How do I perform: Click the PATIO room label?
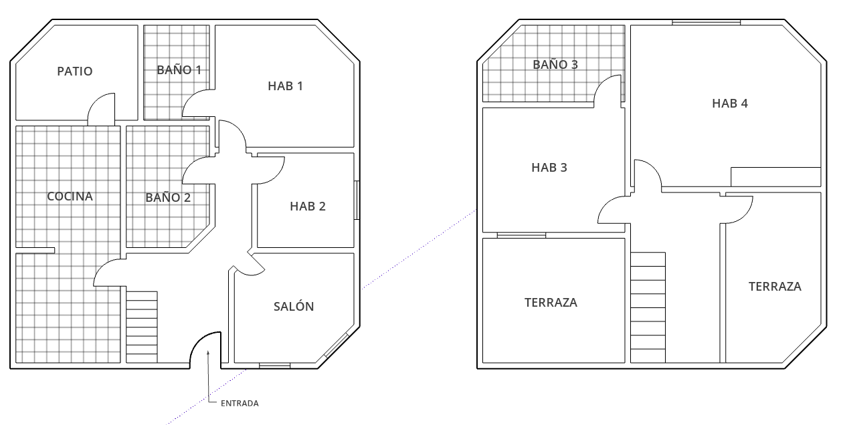click(74, 71)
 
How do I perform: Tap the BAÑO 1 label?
click(179, 70)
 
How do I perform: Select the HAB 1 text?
click(285, 86)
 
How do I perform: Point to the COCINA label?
click(70, 196)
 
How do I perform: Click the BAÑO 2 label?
click(168, 198)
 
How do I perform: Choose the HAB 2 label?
click(308, 206)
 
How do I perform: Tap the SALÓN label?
click(294, 306)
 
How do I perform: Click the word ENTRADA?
click(240, 403)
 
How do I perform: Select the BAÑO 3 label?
click(555, 65)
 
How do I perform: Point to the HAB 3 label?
click(549, 168)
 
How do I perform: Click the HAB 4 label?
click(730, 104)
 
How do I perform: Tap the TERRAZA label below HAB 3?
click(551, 303)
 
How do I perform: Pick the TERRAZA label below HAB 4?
click(775, 287)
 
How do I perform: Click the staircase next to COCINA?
click(142, 327)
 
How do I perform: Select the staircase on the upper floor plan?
click(648, 307)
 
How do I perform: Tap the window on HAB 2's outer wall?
click(357, 200)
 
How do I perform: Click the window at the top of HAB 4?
click(707, 23)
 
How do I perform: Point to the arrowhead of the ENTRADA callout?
click(208, 352)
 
